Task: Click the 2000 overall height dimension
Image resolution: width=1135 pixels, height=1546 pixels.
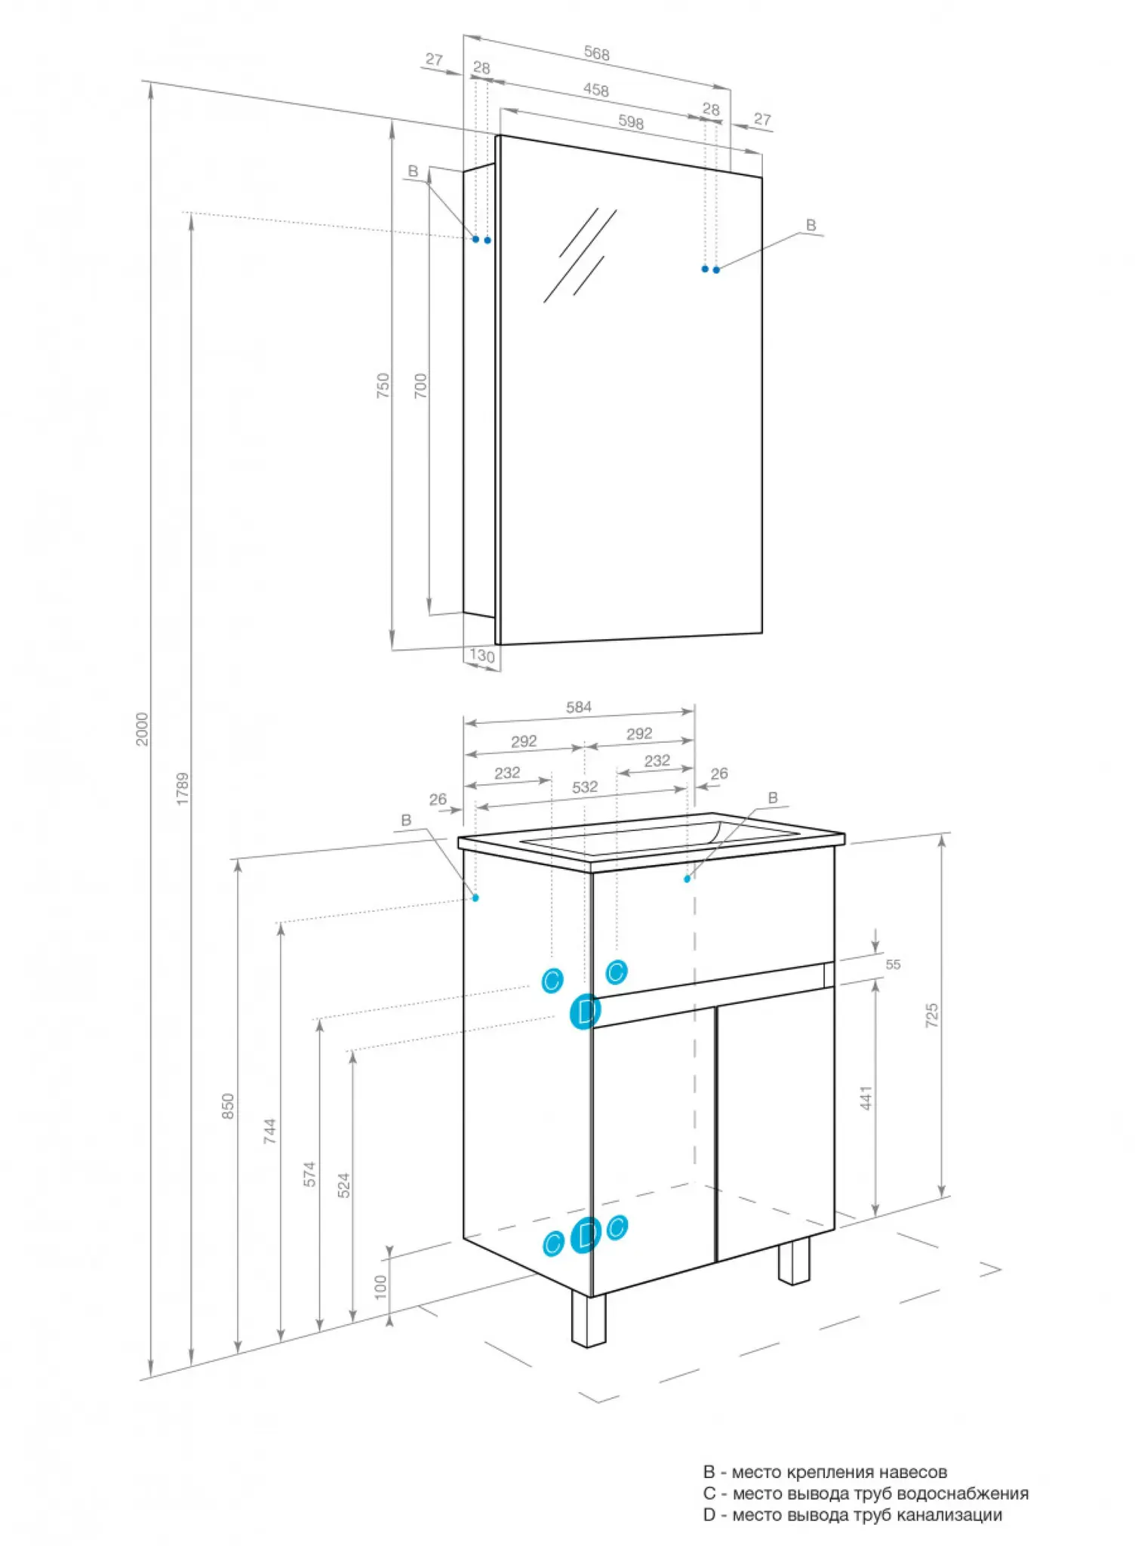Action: pos(142,728)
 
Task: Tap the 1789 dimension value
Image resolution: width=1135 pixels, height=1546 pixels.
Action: pos(183,789)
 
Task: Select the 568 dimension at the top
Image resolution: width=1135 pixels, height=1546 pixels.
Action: pos(596,54)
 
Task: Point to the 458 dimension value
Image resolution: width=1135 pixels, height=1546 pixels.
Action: pos(595,90)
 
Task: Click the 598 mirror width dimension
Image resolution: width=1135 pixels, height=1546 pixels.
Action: pos(631,122)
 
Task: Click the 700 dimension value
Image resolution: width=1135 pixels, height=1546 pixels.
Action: pos(420,386)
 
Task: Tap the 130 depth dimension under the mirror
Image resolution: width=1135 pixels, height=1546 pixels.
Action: pos(482,655)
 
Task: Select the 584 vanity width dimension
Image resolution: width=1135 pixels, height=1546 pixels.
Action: pos(579,707)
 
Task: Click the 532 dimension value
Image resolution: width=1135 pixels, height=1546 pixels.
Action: pos(585,787)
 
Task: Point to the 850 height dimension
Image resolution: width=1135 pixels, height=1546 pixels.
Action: pos(228,1106)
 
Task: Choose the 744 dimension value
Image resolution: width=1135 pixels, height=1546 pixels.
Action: pos(270,1131)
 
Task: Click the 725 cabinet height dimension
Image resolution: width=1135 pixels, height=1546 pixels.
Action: pos(932,1015)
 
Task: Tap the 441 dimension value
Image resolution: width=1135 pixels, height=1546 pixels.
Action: pos(866,1098)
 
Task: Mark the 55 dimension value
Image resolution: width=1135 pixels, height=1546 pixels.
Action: pos(893,964)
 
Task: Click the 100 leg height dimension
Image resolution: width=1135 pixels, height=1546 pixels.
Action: pos(380,1286)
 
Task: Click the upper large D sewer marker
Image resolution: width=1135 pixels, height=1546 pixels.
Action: pos(585,1012)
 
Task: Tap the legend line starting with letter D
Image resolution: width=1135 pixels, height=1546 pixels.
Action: pos(853,1514)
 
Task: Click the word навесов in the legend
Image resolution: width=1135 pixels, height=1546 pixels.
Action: pos(913,1472)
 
